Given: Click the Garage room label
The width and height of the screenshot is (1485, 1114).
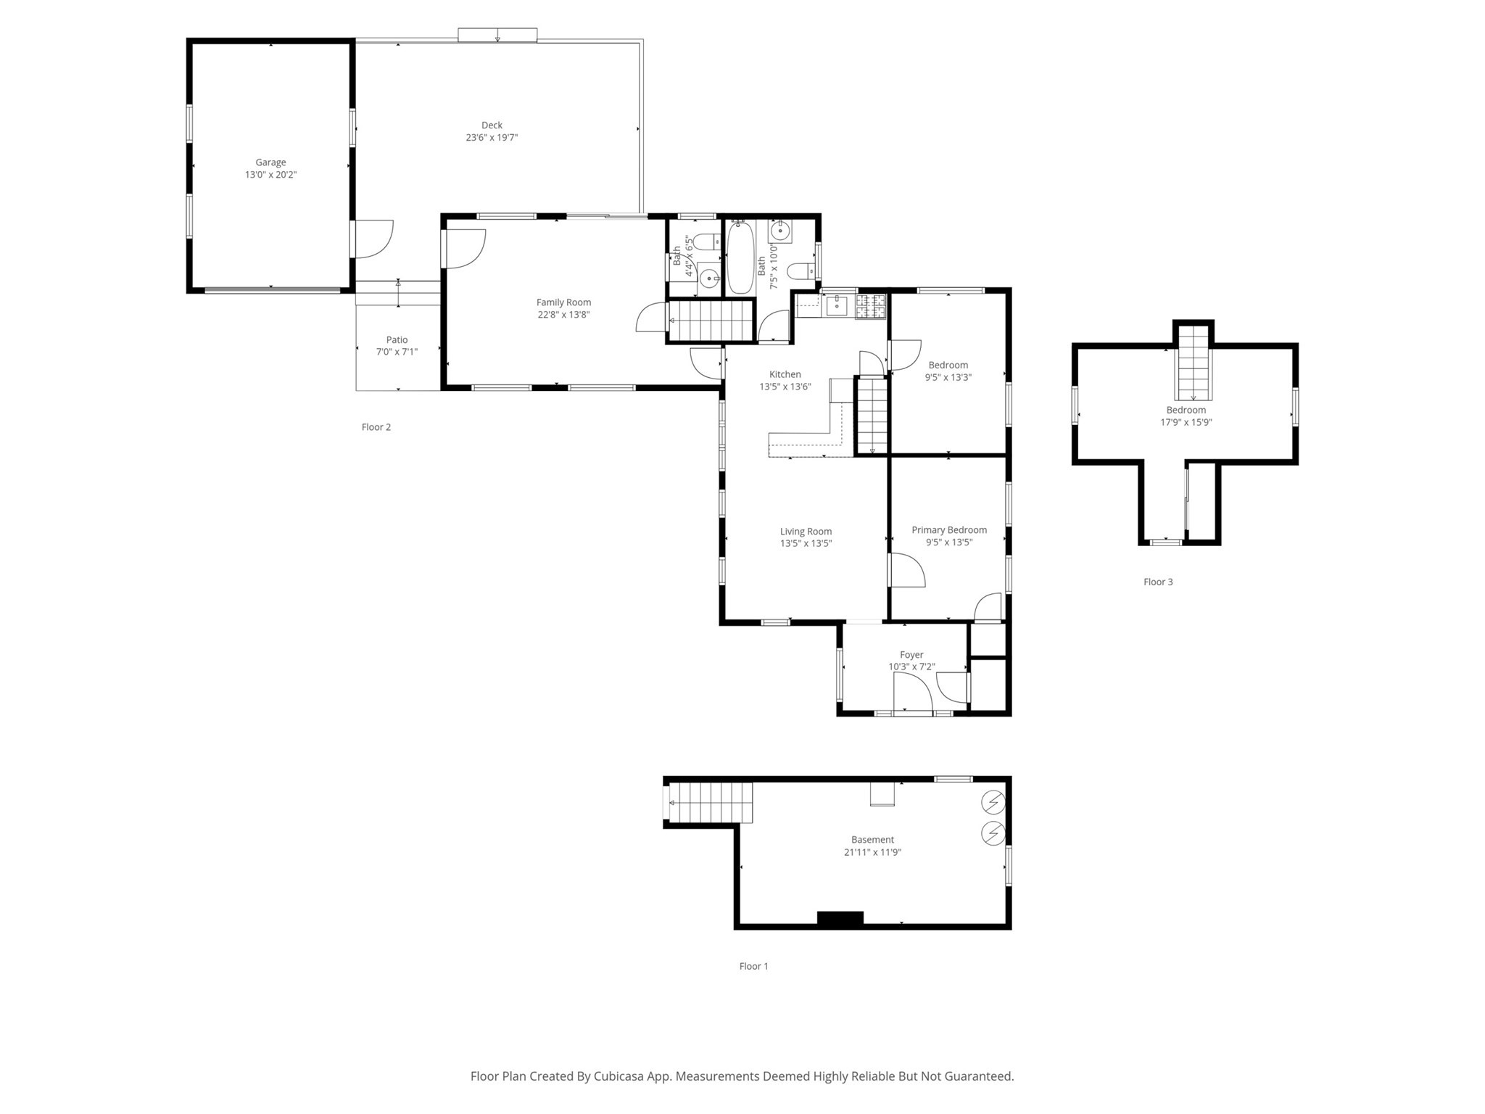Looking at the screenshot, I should pyautogui.click(x=270, y=162).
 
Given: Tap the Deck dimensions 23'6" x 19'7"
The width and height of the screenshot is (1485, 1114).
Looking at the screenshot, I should pyautogui.click(x=492, y=138).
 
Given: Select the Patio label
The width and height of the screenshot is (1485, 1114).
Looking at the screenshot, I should pyautogui.click(x=397, y=339).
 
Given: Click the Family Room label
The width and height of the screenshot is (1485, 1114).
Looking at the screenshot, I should pyautogui.click(x=563, y=302).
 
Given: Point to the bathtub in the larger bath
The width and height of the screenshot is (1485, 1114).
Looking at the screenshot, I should pyautogui.click(x=740, y=257).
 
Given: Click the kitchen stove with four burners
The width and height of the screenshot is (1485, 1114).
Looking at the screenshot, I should pyautogui.click(x=871, y=306).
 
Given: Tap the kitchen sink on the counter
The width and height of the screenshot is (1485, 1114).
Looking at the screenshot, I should pyautogui.click(x=837, y=305).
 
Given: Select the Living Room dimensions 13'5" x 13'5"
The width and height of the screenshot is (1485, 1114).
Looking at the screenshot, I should pyautogui.click(x=806, y=544).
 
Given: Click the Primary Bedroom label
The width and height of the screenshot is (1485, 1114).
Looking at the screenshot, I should pyautogui.click(x=948, y=530).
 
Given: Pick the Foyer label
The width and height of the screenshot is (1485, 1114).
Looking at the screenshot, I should pyautogui.click(x=911, y=655).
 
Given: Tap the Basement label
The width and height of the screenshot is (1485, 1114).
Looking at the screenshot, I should pyautogui.click(x=872, y=840).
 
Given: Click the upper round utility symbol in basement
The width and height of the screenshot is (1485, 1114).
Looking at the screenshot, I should pyautogui.click(x=993, y=802).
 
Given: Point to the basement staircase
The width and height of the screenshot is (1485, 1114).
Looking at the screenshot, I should pyautogui.click(x=710, y=802).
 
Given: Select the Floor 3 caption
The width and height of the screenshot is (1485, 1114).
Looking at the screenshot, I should pyautogui.click(x=1157, y=582).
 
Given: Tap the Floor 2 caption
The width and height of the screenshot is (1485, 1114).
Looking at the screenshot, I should pyautogui.click(x=376, y=427).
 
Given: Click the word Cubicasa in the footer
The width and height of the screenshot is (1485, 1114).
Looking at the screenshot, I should pyautogui.click(x=621, y=1076).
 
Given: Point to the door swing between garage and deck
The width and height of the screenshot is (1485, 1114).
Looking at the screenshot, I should pyautogui.click(x=373, y=239).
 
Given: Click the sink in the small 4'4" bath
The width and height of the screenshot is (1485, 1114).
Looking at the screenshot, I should pyautogui.click(x=708, y=277).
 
